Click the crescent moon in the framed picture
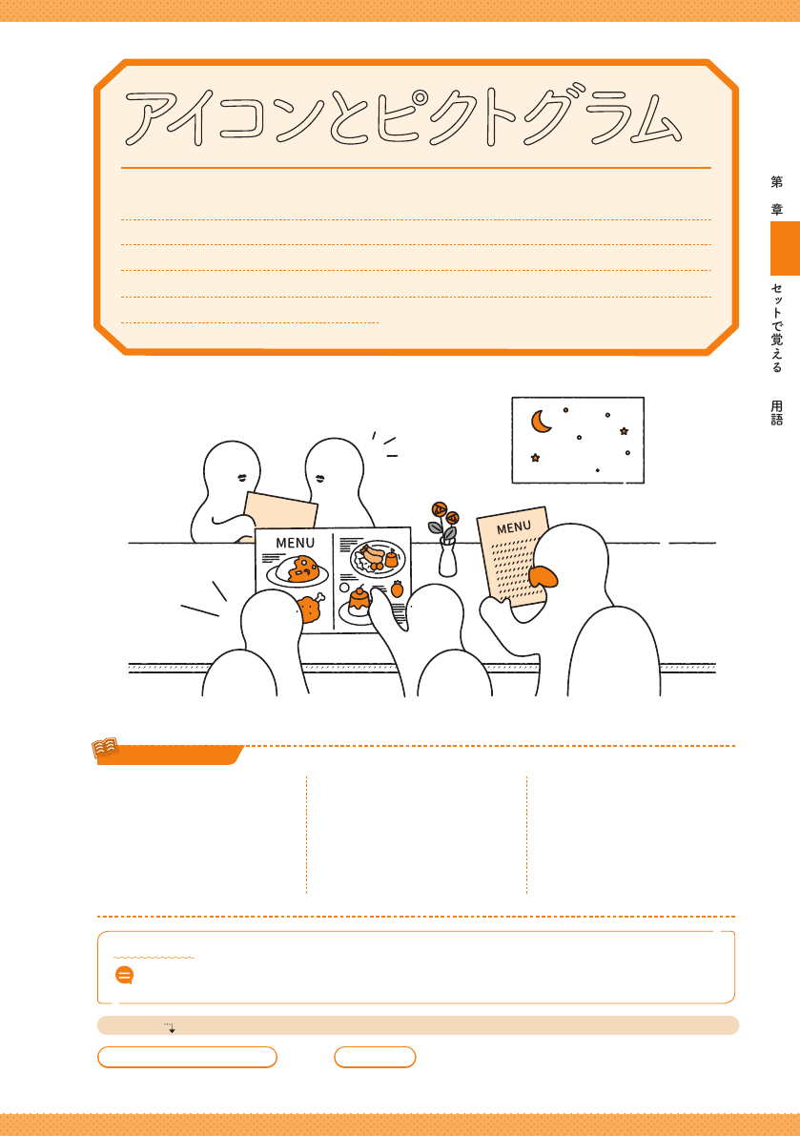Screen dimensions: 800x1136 (x=540, y=422)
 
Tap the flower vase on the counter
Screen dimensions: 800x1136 (x=448, y=557)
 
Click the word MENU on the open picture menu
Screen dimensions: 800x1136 (x=296, y=543)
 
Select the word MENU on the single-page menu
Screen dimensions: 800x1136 (x=513, y=527)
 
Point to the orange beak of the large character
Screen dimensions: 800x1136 (x=544, y=576)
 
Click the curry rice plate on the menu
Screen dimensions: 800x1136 (x=297, y=571)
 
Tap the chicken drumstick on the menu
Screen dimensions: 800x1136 (x=309, y=608)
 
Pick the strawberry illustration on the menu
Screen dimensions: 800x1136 (x=397, y=589)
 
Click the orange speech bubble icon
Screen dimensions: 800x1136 (x=125, y=975)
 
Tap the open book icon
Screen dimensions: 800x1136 (x=105, y=748)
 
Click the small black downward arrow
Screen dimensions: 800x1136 (x=171, y=1028)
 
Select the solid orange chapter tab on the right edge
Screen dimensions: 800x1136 (x=785, y=249)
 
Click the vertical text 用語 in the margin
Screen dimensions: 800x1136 (x=777, y=412)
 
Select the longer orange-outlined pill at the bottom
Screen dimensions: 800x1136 (x=188, y=1057)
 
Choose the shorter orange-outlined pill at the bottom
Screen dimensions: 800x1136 (x=375, y=1057)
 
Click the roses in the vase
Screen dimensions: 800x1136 (x=443, y=517)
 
